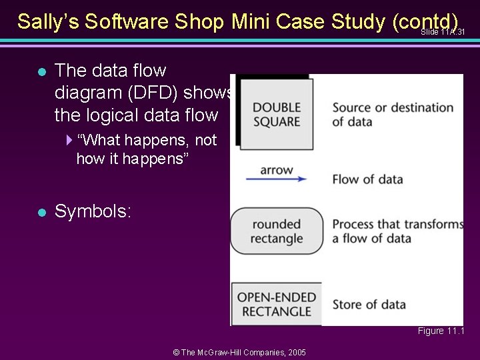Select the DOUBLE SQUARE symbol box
tap(276, 114)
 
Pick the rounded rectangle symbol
tap(277, 231)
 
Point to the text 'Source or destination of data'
tap(393, 114)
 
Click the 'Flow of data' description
tap(367, 179)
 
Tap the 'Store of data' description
tap(369, 305)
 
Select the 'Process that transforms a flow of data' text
tap(397, 231)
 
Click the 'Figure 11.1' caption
tap(441, 331)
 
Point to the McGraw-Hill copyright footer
tap(239, 351)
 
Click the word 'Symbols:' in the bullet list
tap(93, 212)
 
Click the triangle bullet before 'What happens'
tap(70, 140)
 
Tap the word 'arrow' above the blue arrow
tap(276, 169)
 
